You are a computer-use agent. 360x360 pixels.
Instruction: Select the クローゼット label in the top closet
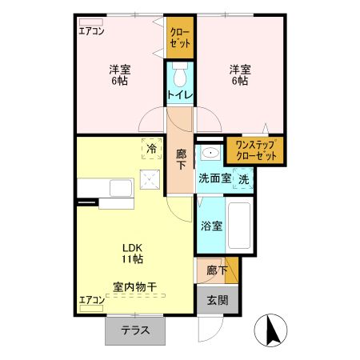(x=179, y=38)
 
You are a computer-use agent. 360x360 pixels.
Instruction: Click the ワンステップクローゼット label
(x=255, y=150)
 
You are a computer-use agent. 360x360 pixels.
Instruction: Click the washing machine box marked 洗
(x=244, y=178)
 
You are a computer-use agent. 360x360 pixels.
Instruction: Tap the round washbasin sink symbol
(x=211, y=153)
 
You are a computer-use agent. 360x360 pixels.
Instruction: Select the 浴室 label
(x=211, y=226)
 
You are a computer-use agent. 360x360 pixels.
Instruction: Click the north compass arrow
(x=269, y=328)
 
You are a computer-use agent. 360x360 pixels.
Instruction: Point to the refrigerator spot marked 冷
(x=150, y=148)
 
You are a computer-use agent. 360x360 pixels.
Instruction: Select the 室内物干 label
(x=133, y=285)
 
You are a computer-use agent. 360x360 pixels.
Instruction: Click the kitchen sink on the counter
(x=120, y=189)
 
